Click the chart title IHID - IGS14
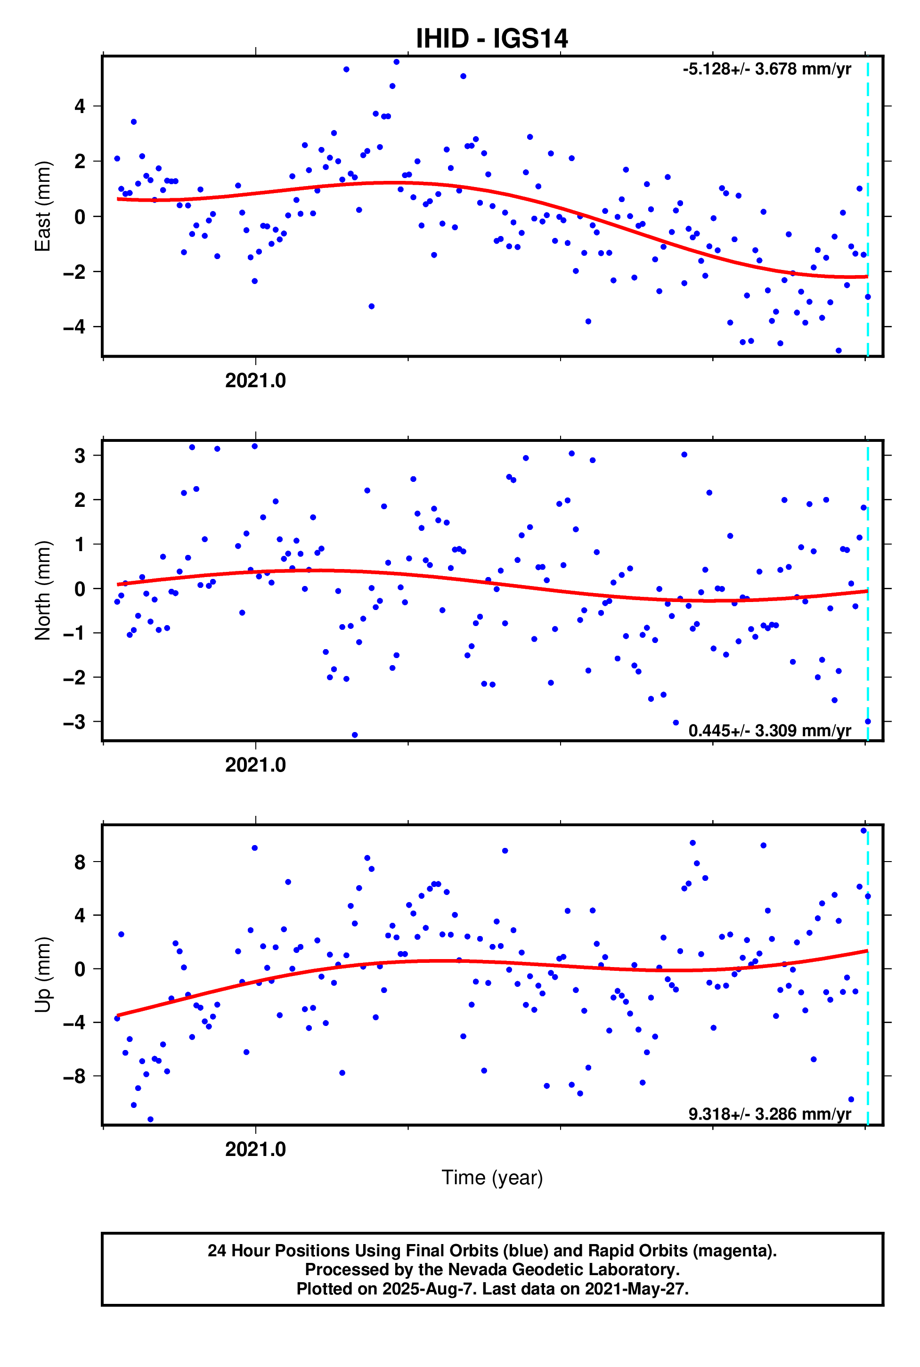pyautogui.click(x=492, y=39)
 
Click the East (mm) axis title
pyautogui.click(x=43, y=206)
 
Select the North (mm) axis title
pyautogui.click(x=43, y=590)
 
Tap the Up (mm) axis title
pyautogui.click(x=43, y=975)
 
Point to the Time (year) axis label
pyautogui.click(x=492, y=1177)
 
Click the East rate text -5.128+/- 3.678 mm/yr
pyautogui.click(x=766, y=69)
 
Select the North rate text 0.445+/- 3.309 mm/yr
pyautogui.click(x=769, y=731)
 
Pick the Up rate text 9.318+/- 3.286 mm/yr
pyautogui.click(x=769, y=1114)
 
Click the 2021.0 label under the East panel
pyautogui.click(x=255, y=381)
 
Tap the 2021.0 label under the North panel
pyautogui.click(x=255, y=765)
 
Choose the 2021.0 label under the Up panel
pyautogui.click(x=255, y=1149)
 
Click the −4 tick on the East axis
pyautogui.click(x=74, y=327)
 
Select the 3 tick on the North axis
pyautogui.click(x=80, y=456)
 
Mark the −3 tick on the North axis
pyautogui.click(x=74, y=722)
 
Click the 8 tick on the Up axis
pyautogui.click(x=80, y=863)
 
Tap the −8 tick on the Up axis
pyautogui.click(x=74, y=1076)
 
